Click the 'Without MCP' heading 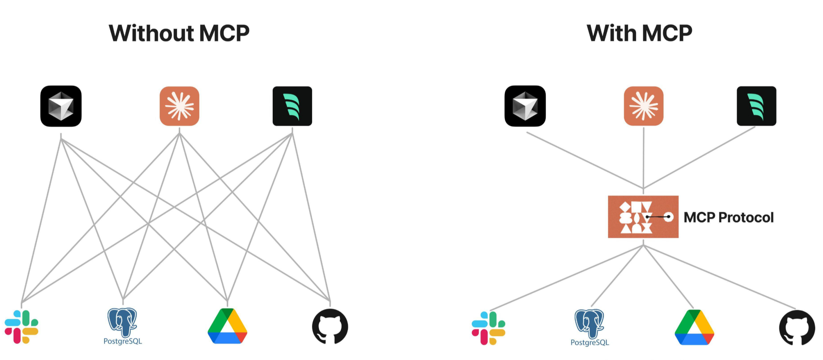pyautogui.click(x=179, y=33)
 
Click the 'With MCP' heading pyautogui.click(x=640, y=33)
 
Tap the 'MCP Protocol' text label pyautogui.click(x=729, y=217)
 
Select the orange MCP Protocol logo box pyautogui.click(x=643, y=217)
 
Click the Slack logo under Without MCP pyautogui.click(x=21, y=327)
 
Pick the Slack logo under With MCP pyautogui.click(x=488, y=328)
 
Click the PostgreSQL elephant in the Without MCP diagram pyautogui.click(x=123, y=322)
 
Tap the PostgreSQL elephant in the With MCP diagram pyautogui.click(x=590, y=323)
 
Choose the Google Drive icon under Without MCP pyautogui.click(x=228, y=326)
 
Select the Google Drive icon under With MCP pyautogui.click(x=694, y=327)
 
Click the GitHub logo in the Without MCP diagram pyautogui.click(x=330, y=326)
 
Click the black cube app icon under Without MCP pyautogui.click(x=61, y=106)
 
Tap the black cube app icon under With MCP pyautogui.click(x=525, y=106)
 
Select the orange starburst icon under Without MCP pyautogui.click(x=180, y=106)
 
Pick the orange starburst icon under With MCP pyautogui.click(x=644, y=106)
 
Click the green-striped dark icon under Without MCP pyautogui.click(x=292, y=106)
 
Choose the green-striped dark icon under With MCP pyautogui.click(x=757, y=106)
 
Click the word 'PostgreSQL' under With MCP pyautogui.click(x=590, y=342)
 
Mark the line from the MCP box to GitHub pyautogui.click(x=719, y=277)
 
